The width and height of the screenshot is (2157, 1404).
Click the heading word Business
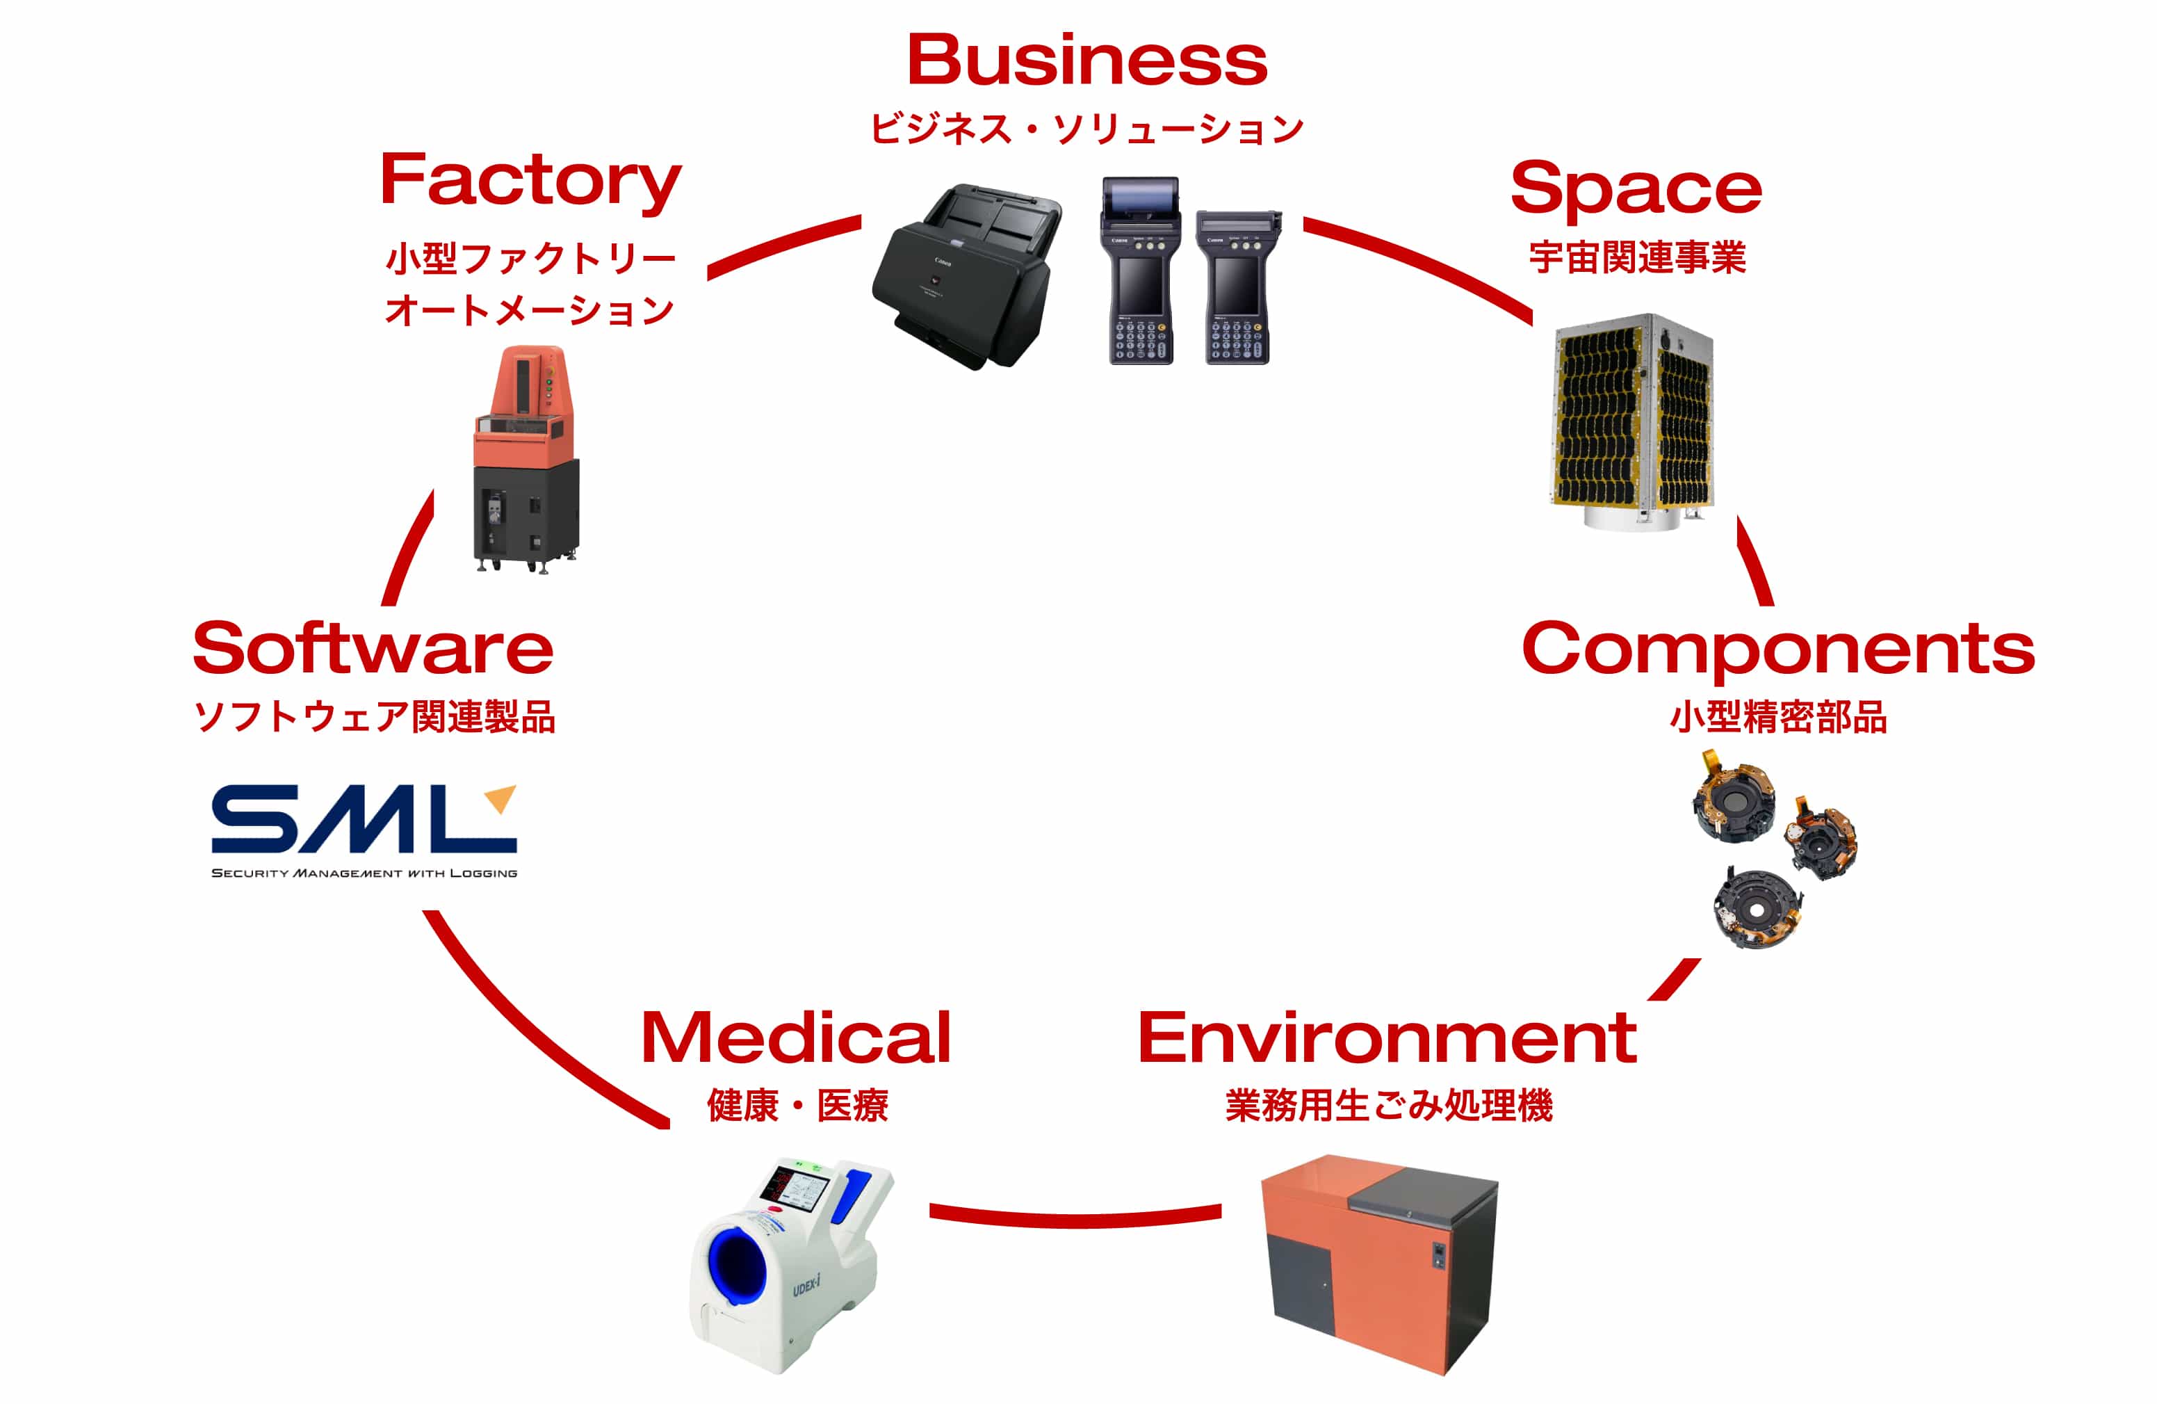point(1086,60)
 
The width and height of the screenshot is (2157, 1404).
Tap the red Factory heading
point(530,181)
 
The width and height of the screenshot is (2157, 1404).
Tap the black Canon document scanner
point(966,277)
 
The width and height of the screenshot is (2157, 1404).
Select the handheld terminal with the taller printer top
point(1140,270)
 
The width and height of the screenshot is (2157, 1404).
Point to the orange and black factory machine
point(526,458)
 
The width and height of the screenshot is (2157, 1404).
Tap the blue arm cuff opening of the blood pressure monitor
point(736,1266)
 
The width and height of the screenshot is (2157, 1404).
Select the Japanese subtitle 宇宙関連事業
point(1637,258)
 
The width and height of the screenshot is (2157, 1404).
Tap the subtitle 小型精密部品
point(1777,717)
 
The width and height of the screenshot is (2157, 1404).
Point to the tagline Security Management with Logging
point(364,873)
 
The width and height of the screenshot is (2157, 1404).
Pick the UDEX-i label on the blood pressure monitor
point(806,1285)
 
